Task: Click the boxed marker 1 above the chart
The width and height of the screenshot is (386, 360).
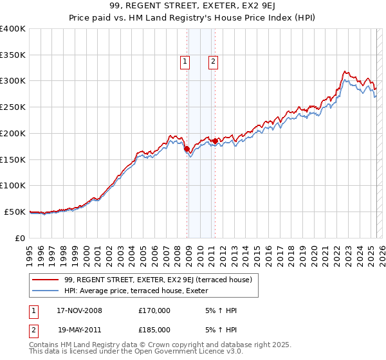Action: (185, 62)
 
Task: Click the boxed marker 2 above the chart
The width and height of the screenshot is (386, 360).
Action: (212, 62)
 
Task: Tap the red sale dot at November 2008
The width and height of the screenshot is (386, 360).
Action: (187, 148)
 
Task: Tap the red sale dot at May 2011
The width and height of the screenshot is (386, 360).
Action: (215, 140)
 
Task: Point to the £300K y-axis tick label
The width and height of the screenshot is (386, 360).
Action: (12, 81)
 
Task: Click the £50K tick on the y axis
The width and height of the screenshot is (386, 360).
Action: (15, 212)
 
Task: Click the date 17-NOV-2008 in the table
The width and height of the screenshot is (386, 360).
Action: (75, 310)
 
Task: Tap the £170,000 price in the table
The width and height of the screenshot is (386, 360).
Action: (154, 310)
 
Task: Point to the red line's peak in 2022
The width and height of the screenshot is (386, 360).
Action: (345, 71)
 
